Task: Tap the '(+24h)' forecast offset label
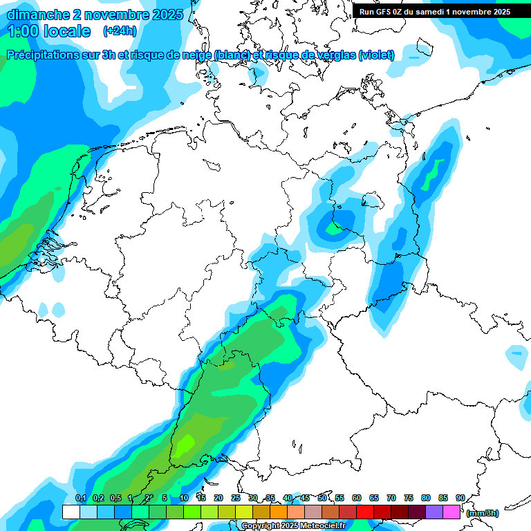[120, 31]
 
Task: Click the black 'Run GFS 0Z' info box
[435, 12]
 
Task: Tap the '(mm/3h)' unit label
[483, 513]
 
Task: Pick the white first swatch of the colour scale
[71, 512]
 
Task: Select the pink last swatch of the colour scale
[451, 512]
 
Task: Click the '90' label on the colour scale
[460, 498]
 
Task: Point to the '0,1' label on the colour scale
[80, 498]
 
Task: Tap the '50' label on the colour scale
[322, 498]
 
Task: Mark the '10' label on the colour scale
[184, 498]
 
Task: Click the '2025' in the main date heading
[168, 15]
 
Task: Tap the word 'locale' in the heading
[66, 31]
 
